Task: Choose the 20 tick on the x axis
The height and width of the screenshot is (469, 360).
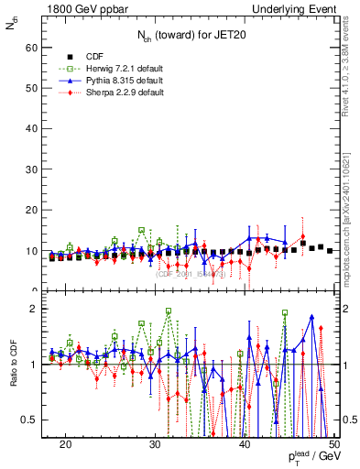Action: tap(65, 444)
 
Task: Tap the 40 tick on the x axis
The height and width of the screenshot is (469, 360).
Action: tap(245, 444)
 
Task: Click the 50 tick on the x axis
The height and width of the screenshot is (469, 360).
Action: tap(333, 444)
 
